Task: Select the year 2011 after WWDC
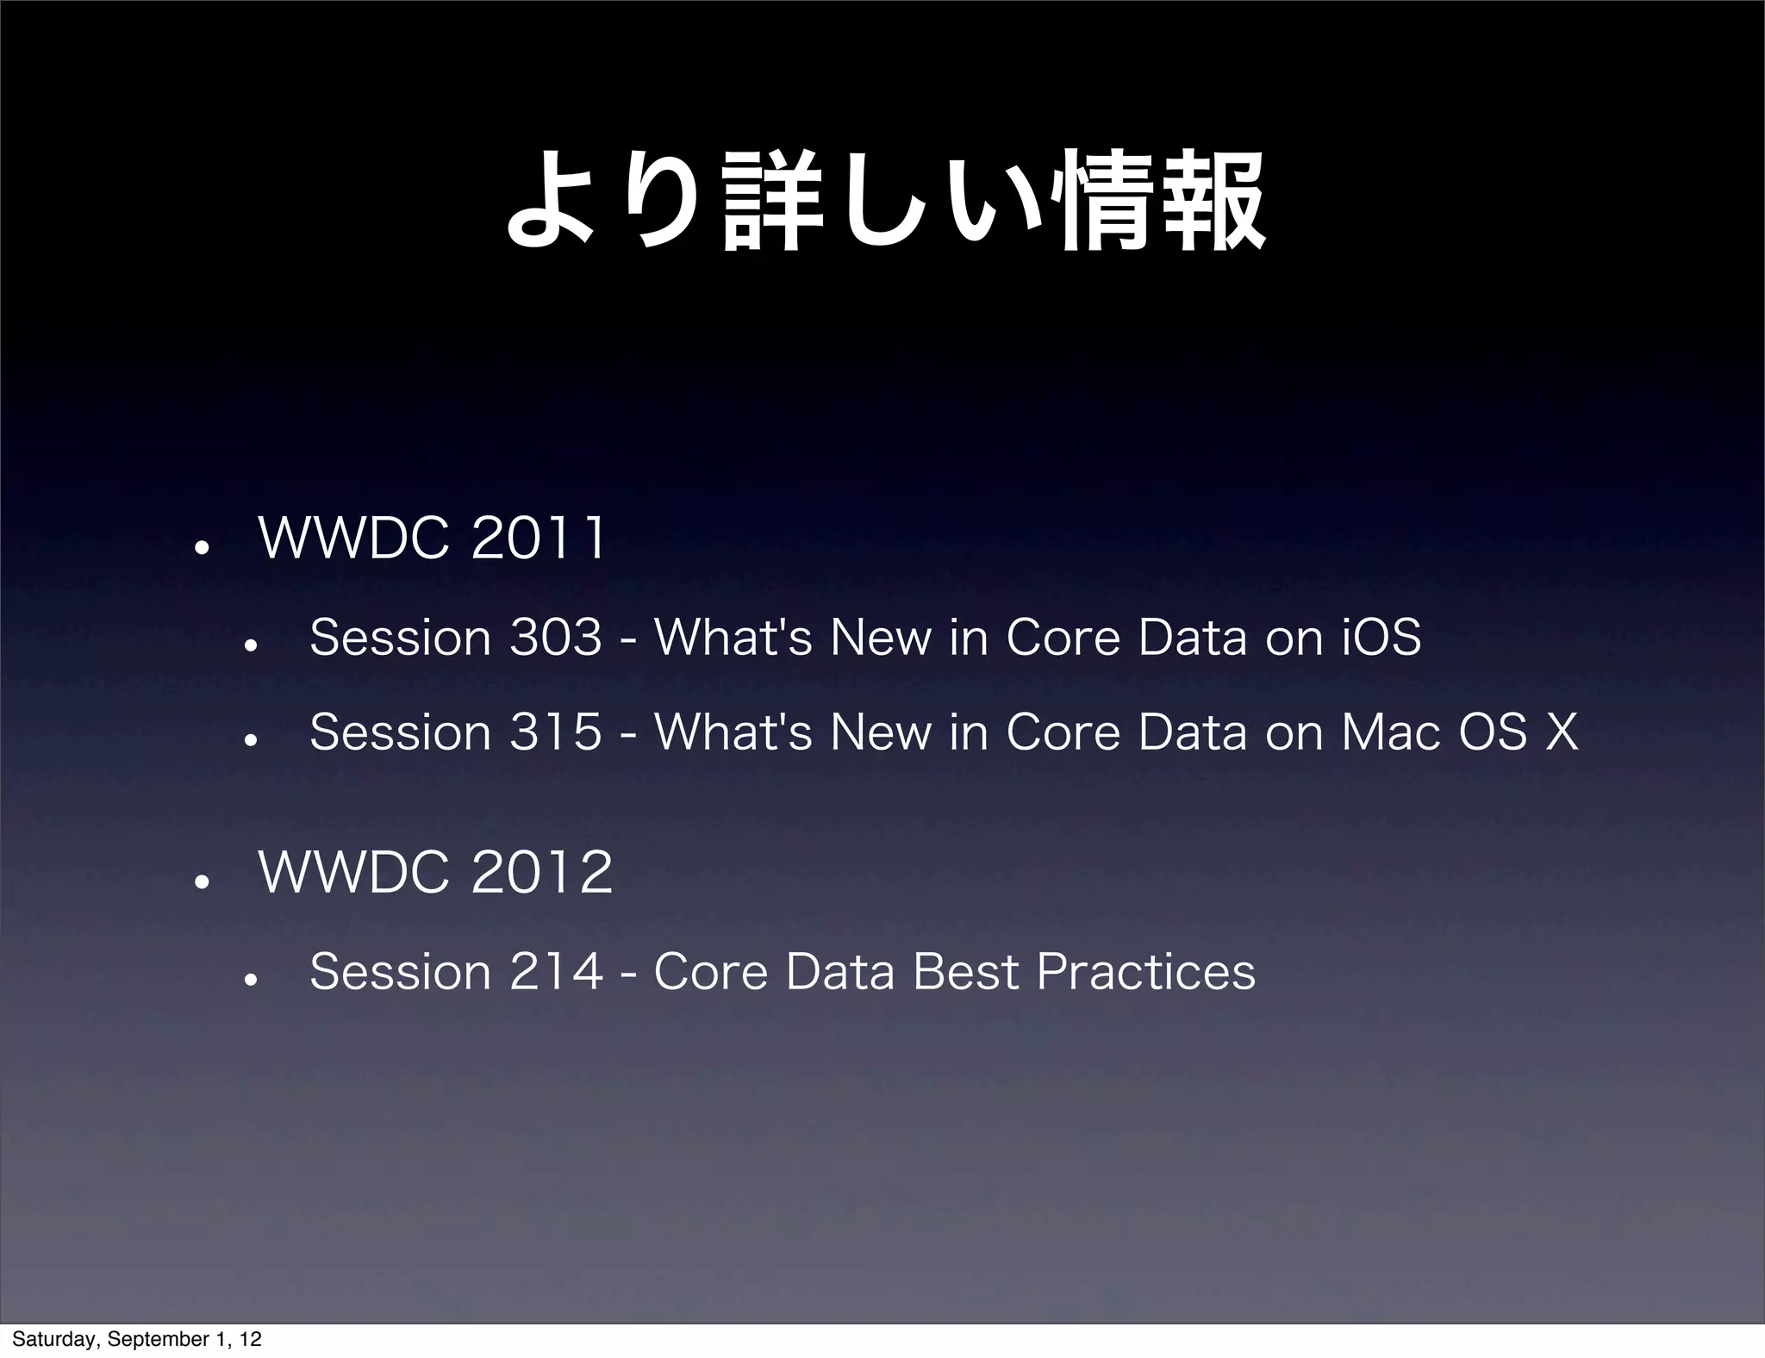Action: (539, 539)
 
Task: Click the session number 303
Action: (556, 639)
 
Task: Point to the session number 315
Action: (556, 733)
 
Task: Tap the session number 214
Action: (556, 972)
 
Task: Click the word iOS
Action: (1381, 639)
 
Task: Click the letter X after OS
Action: (1561, 733)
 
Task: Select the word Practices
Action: (1145, 972)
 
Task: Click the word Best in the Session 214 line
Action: (966, 972)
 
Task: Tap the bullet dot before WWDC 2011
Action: (198, 548)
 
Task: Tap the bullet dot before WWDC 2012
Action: (198, 881)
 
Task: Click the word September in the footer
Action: (150, 1340)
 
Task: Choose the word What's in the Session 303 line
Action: (733, 639)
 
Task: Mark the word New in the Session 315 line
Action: (880, 733)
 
